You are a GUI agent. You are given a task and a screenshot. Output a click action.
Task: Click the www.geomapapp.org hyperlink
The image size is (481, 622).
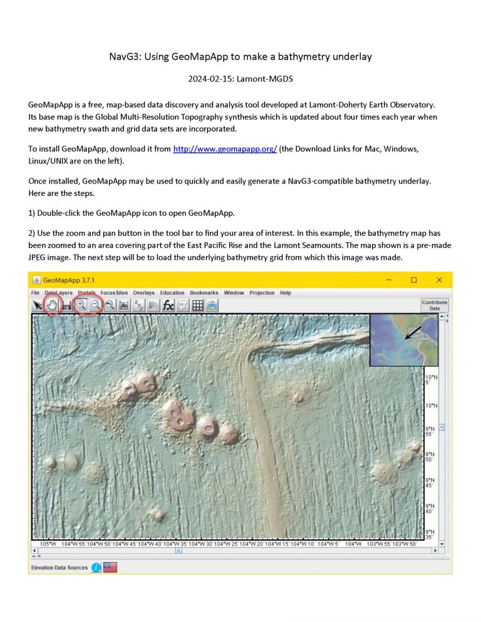225,150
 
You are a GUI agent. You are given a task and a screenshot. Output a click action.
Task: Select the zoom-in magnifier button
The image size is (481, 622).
81,305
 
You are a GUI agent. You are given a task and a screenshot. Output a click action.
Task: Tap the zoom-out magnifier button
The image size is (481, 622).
95,305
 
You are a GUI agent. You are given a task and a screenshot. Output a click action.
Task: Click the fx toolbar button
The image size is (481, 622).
168,305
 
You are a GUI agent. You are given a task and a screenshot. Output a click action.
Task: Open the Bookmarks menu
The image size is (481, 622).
204,293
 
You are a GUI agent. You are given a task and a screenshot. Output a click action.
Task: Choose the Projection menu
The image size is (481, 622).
262,293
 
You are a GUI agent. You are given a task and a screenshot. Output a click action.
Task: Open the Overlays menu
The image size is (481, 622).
143,293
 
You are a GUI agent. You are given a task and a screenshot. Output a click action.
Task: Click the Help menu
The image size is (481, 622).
286,293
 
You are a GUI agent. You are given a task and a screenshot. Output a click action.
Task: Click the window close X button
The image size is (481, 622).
439,280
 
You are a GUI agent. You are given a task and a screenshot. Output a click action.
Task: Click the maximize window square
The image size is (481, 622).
414,280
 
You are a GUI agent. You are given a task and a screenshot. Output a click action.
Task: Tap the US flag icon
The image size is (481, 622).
111,568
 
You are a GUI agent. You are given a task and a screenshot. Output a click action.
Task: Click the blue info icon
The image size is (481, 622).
96,568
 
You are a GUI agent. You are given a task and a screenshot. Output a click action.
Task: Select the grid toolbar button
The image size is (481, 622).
197,305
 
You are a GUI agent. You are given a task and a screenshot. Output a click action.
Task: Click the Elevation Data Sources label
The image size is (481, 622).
59,568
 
